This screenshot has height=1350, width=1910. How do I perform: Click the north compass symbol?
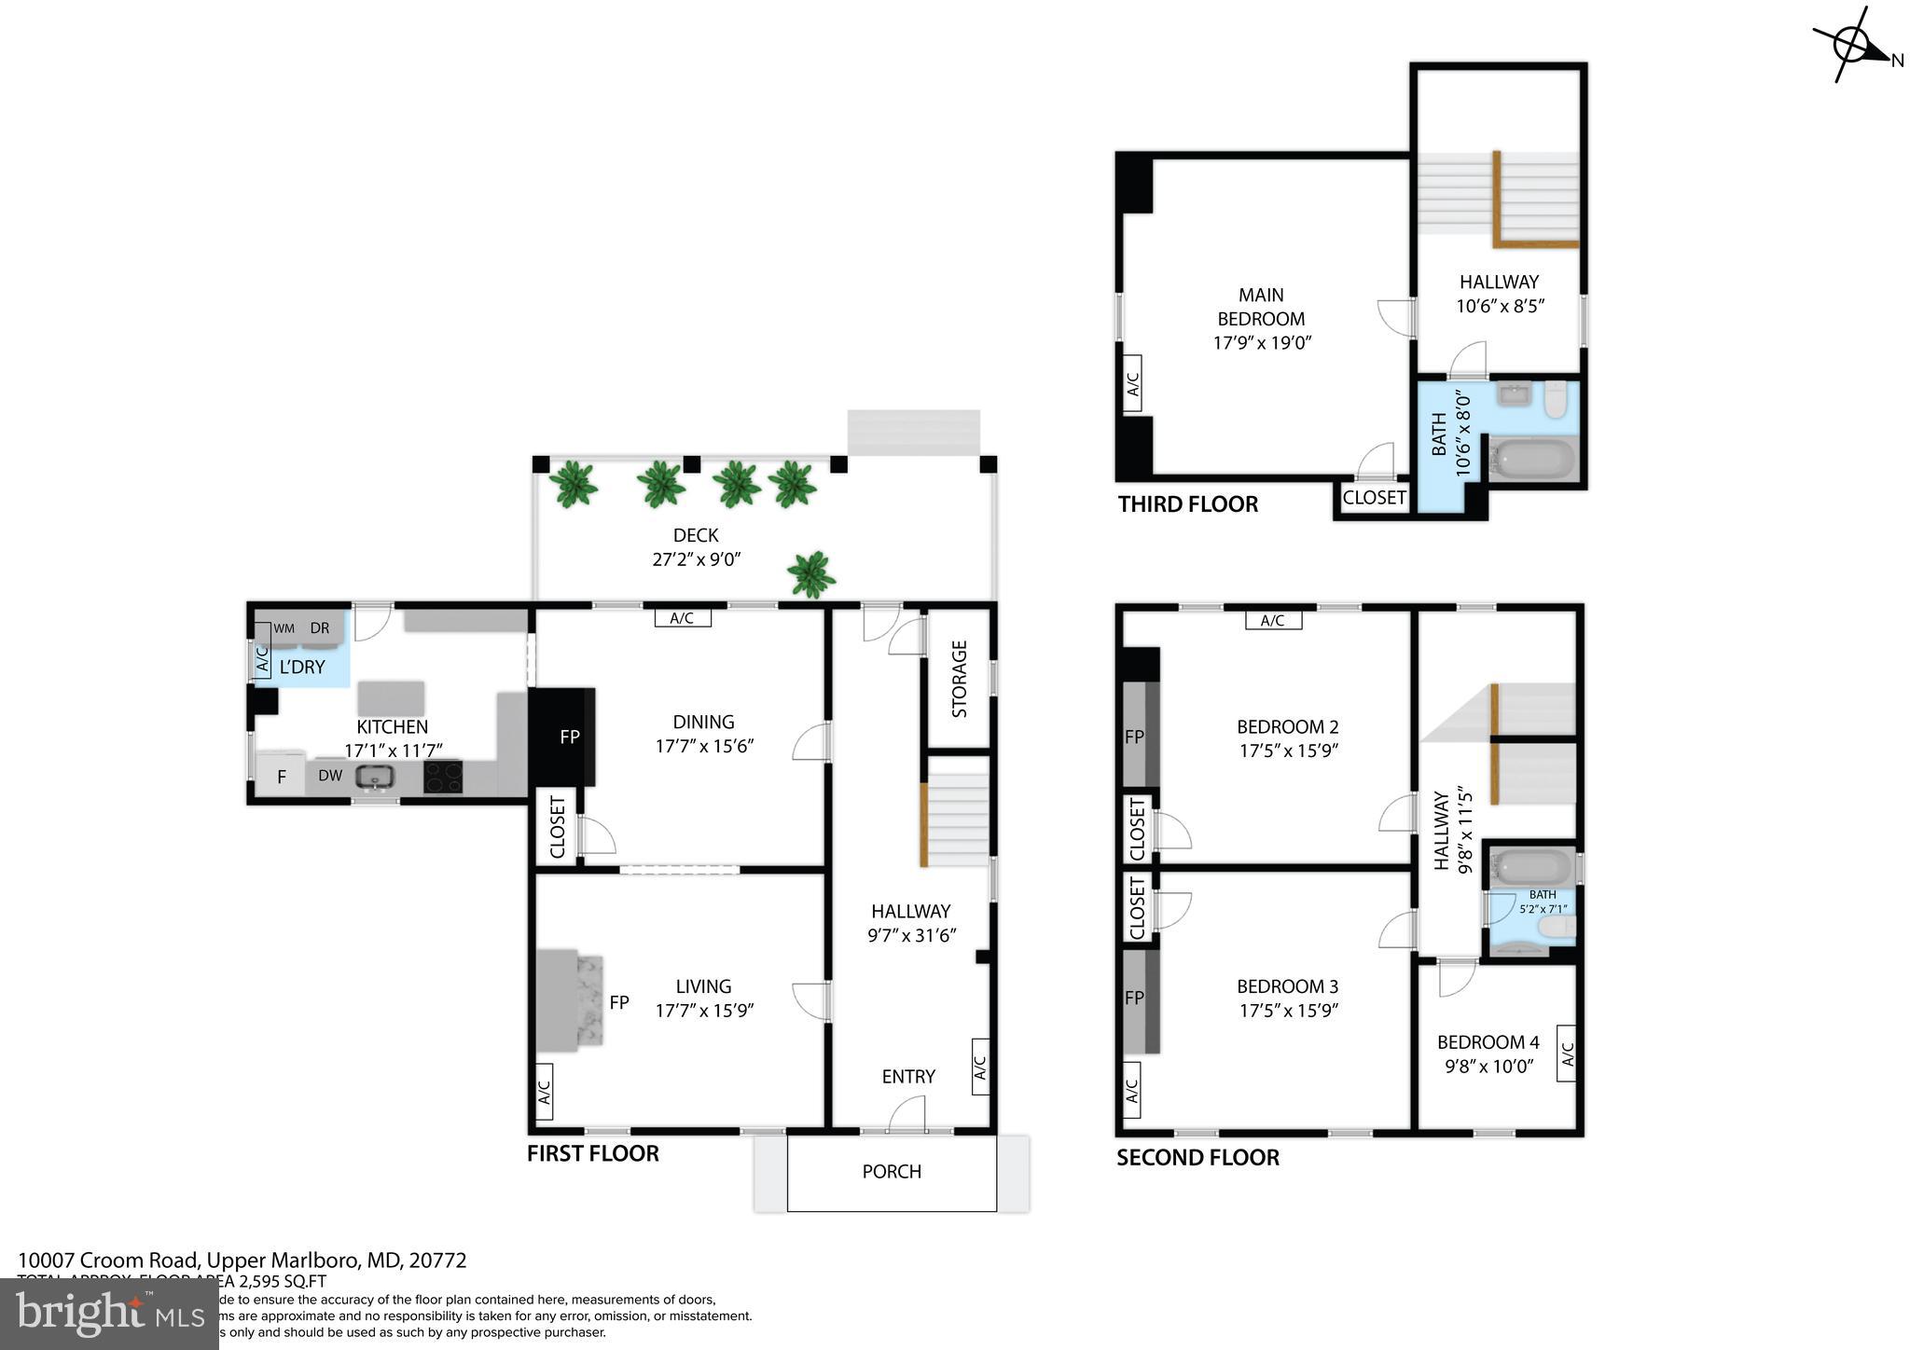pos(1851,44)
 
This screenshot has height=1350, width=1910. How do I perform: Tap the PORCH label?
pos(892,1171)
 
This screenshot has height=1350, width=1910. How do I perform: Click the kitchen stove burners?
pos(443,777)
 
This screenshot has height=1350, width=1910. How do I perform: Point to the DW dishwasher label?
pos(330,775)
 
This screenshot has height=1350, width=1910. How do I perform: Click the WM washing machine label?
pos(284,629)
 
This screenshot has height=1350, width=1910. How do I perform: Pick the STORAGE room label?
pos(959,679)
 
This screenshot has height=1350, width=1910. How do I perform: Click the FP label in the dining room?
pos(570,737)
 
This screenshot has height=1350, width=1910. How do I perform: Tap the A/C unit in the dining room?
pos(682,617)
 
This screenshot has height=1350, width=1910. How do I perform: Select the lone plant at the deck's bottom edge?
pos(810,573)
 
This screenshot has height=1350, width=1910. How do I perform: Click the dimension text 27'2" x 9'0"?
pos(696,559)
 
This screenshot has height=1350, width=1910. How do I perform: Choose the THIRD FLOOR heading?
pos(1187,504)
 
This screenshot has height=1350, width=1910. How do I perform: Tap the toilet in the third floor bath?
pos(1556,399)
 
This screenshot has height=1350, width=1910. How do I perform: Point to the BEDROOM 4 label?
pos(1488,1042)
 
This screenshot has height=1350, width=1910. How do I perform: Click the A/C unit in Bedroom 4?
pos(1567,1054)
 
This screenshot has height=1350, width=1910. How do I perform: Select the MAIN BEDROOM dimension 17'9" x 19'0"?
pos(1262,342)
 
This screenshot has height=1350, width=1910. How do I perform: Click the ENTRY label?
pos(908,1077)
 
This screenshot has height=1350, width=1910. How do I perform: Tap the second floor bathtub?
pos(1531,868)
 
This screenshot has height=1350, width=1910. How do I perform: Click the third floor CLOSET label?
pos(1374,498)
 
